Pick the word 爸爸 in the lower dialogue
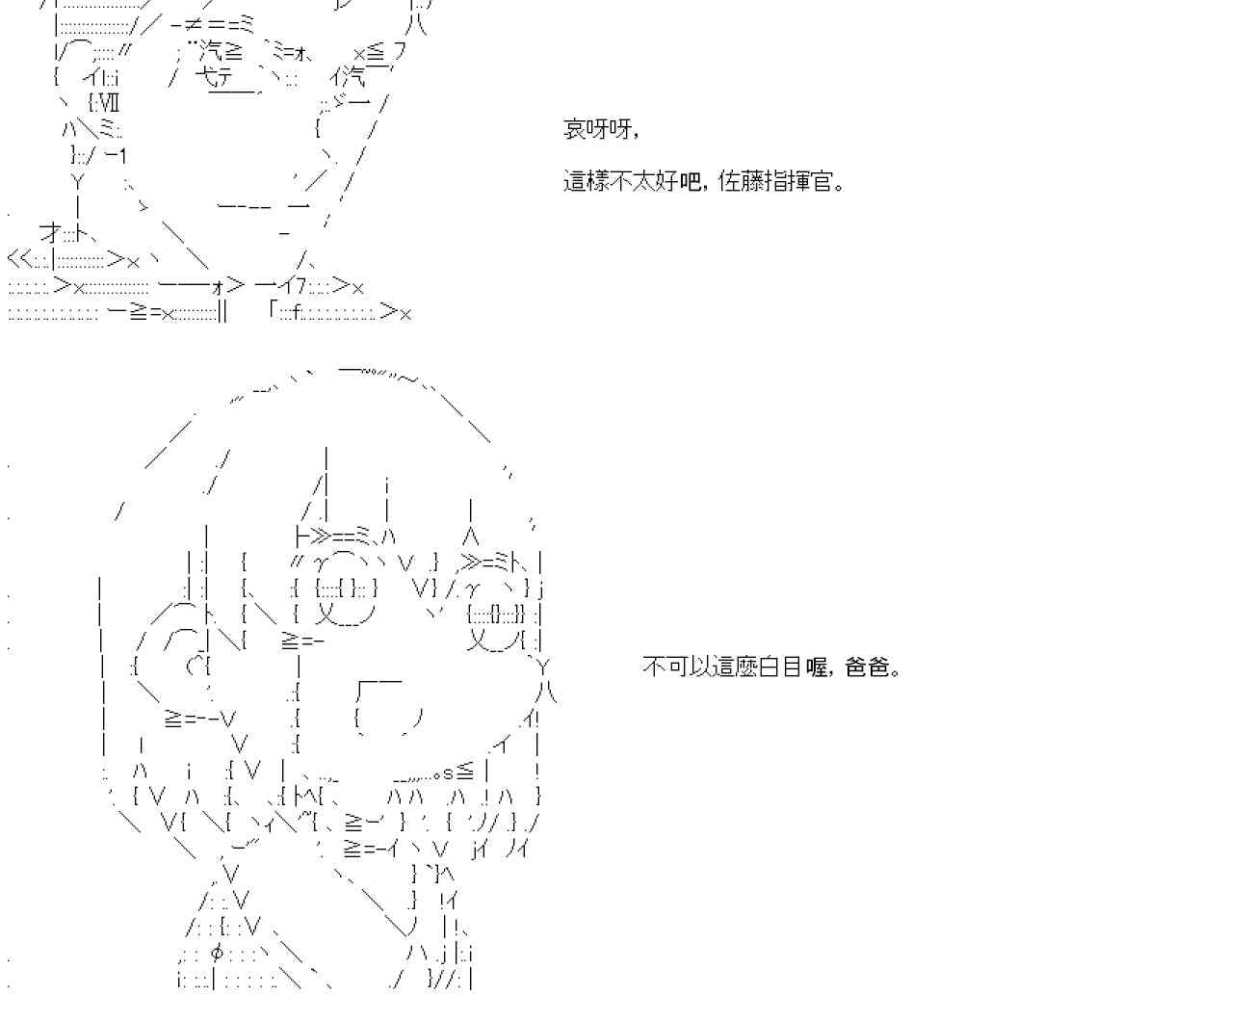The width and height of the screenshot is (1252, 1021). pyautogui.click(x=869, y=667)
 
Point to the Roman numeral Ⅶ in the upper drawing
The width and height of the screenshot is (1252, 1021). pyautogui.click(x=107, y=101)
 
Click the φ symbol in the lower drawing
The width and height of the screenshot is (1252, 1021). pyautogui.click(x=217, y=954)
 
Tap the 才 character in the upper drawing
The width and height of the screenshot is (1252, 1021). pyautogui.click(x=51, y=232)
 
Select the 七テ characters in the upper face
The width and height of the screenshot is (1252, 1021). pyautogui.click(x=219, y=77)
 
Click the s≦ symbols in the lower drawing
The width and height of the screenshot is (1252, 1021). pyautogui.click(x=457, y=772)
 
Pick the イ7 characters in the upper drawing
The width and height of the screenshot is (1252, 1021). pyautogui.click(x=293, y=286)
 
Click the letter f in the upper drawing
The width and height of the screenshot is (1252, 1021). pyautogui.click(x=300, y=311)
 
